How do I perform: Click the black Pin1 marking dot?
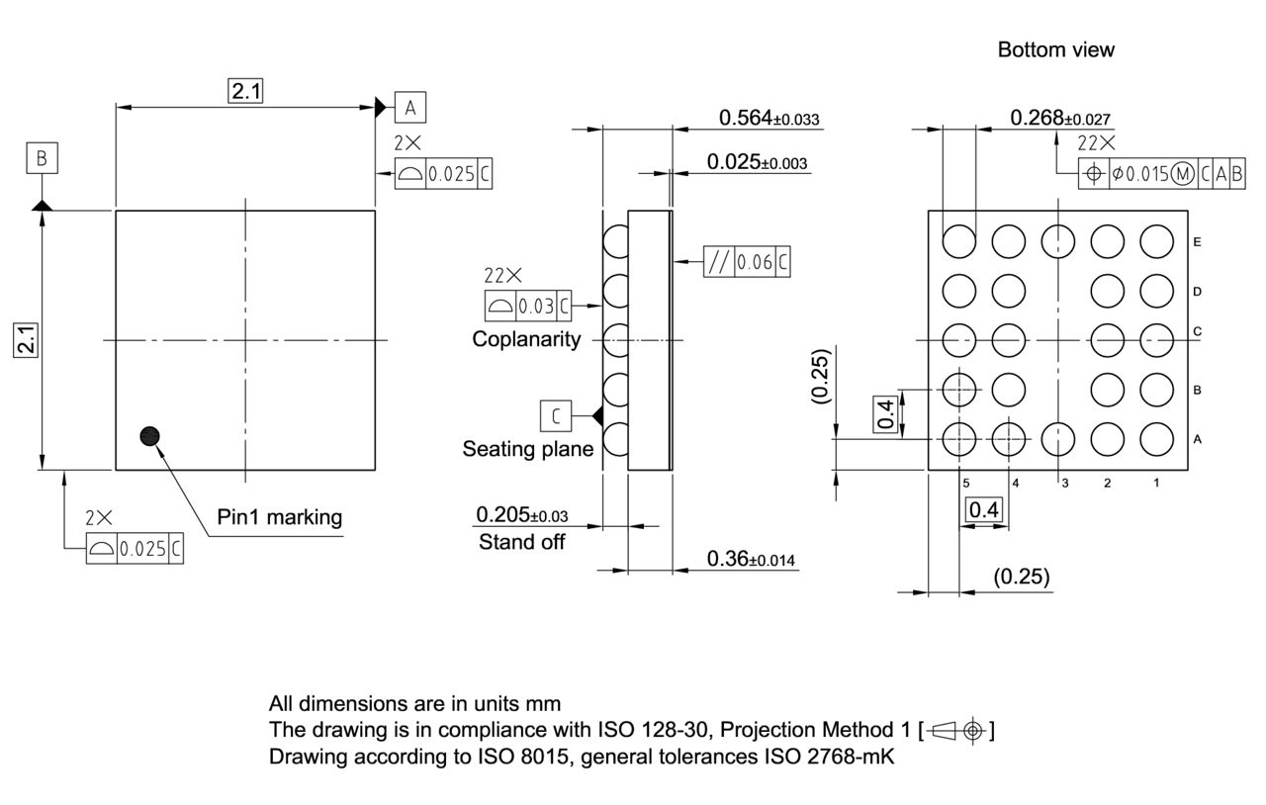coord(150,436)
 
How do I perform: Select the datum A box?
coord(409,107)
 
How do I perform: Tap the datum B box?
coord(42,158)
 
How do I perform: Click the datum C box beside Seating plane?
coord(555,416)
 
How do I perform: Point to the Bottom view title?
coord(1055,49)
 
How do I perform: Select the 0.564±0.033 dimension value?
coord(769,118)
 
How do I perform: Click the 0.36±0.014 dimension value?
coord(753,560)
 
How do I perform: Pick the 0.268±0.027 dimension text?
coord(1059,118)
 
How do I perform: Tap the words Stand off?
coord(521,542)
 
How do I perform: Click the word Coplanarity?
coord(526,339)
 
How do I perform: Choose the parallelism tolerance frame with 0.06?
coord(747,262)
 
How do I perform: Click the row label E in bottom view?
coord(1198,241)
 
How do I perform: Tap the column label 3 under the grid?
coord(1064,483)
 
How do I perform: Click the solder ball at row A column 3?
coord(1058,437)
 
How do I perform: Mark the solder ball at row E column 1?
coord(1156,240)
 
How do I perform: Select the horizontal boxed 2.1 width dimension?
coord(245,92)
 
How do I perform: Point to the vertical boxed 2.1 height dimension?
coord(27,340)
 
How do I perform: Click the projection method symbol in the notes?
coord(956,731)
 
